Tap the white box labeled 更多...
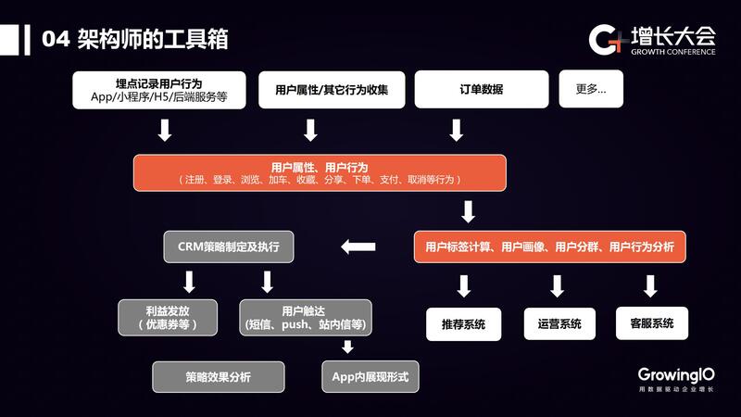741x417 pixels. pos(591,89)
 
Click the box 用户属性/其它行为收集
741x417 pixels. pos(331,90)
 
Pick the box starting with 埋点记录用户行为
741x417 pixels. pos(159,90)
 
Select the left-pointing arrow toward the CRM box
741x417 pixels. pos(358,246)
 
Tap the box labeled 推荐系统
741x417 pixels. pos(463,324)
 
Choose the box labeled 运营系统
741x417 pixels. pos(559,324)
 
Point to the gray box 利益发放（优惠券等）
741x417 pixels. pos(167,317)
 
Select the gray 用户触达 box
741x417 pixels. pos(305,317)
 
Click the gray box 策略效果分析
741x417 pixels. pos(218,376)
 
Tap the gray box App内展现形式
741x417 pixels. pos(370,376)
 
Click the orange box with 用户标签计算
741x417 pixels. pos(549,246)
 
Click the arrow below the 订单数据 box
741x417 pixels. pos(456,130)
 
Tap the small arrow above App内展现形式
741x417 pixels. pos(348,347)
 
